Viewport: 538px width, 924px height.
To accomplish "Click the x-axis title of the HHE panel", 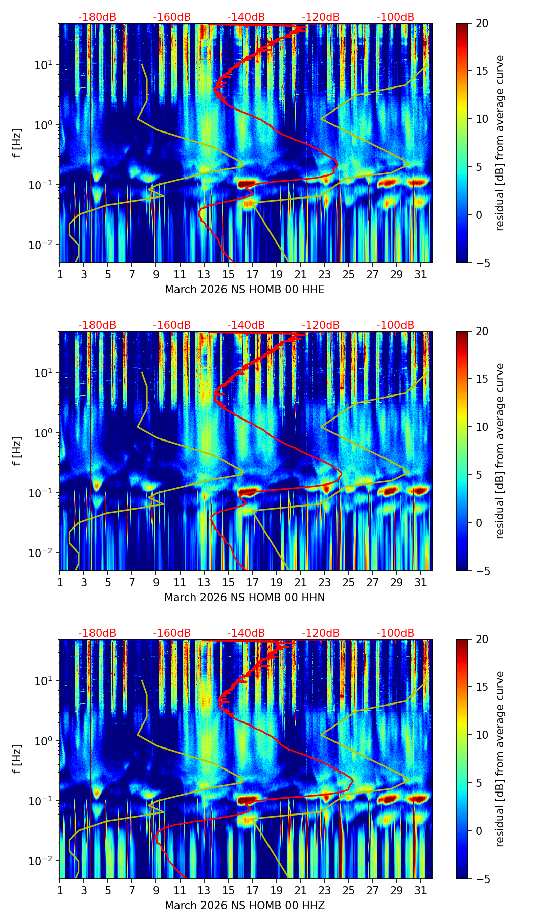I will (x=244, y=290).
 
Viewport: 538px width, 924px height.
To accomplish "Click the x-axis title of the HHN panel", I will (x=244, y=598).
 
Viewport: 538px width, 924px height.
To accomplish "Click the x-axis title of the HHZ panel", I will (x=244, y=906).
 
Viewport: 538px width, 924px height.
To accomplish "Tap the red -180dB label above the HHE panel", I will (x=97, y=17).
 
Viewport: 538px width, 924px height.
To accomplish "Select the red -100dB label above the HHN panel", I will (x=395, y=325).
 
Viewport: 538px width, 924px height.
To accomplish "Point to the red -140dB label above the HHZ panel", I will (x=246, y=633).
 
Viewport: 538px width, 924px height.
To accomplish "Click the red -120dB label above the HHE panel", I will (x=321, y=17).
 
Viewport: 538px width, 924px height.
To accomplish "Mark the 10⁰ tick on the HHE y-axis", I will (x=48, y=125).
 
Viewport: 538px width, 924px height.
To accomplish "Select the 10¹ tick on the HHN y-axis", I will (x=48, y=373).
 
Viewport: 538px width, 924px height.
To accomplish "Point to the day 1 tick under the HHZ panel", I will (x=60, y=890).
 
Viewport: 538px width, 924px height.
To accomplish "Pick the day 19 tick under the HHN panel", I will (x=276, y=582).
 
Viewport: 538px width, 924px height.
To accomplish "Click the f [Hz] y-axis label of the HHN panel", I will (x=17, y=451).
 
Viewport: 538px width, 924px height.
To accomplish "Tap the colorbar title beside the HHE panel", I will (x=500, y=143).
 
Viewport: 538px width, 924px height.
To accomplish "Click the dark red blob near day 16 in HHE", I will (x=246, y=183).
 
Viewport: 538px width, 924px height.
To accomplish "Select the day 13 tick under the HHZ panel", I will (x=204, y=890).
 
